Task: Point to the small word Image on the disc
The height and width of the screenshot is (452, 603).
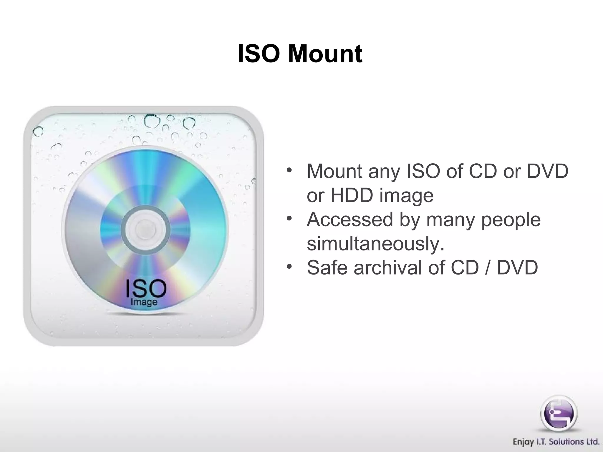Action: [x=144, y=302]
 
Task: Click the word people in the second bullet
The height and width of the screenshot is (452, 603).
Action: [x=511, y=220]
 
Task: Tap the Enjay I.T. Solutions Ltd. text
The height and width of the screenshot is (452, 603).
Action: [x=556, y=442]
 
